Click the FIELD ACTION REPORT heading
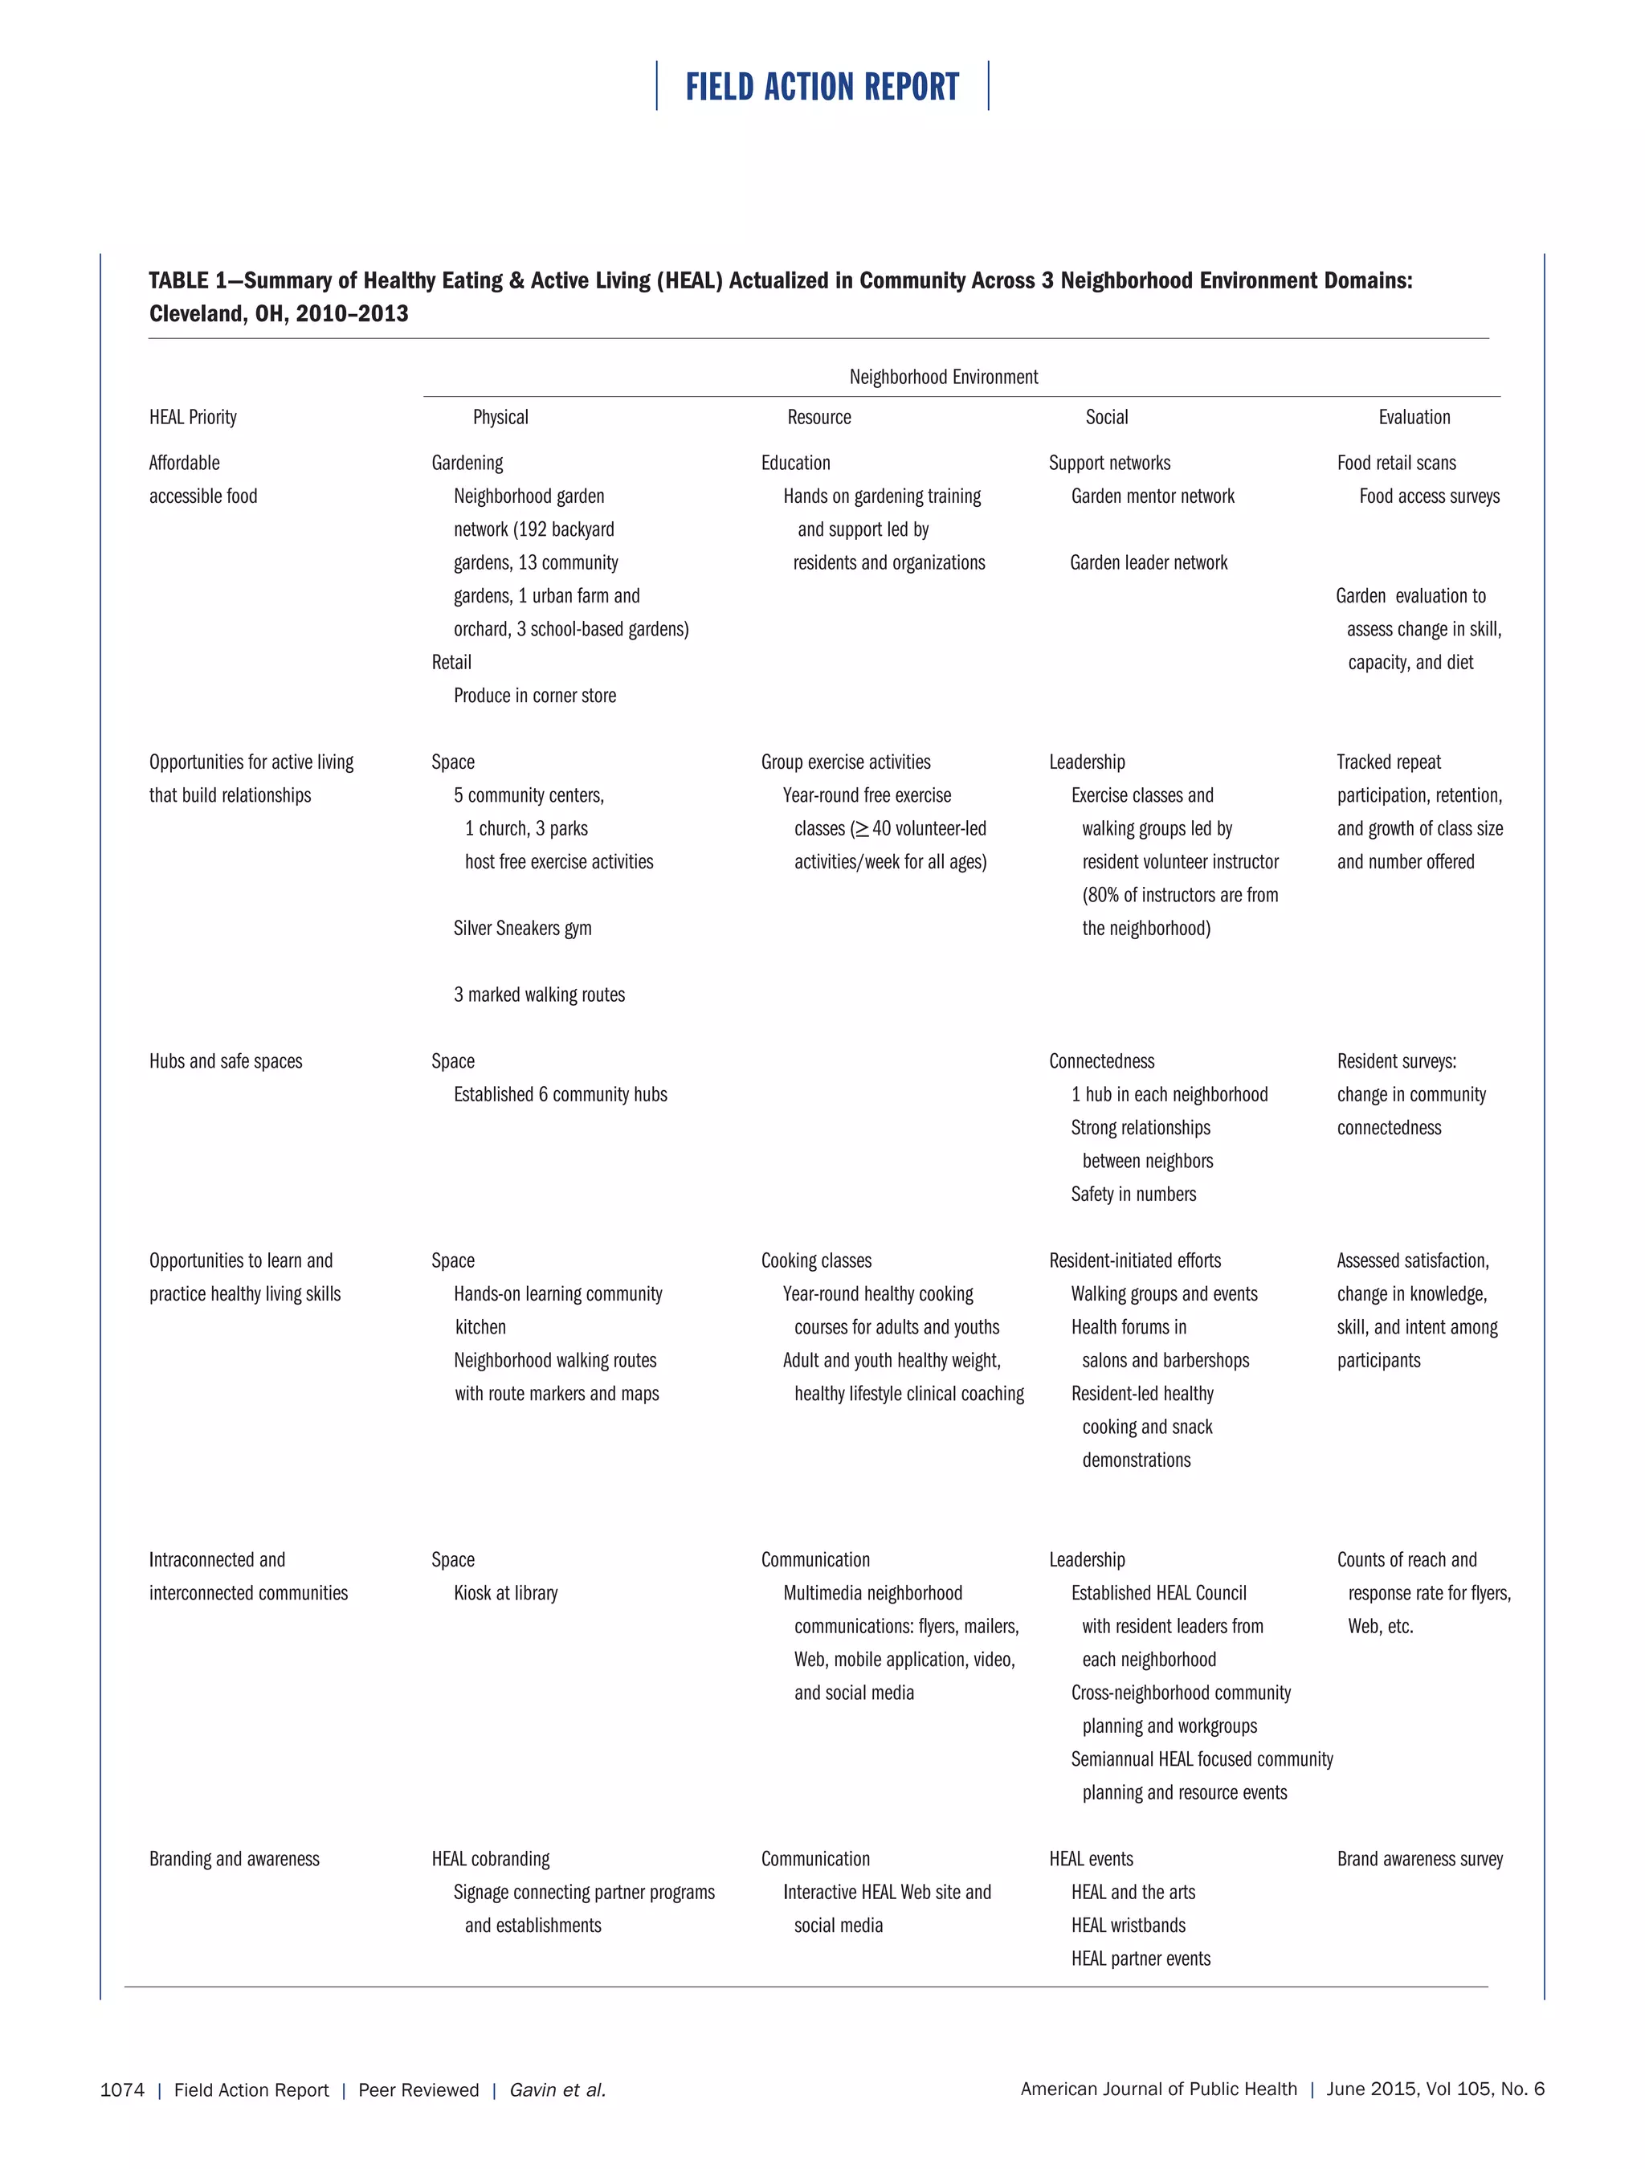pyautogui.click(x=822, y=88)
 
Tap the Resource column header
pyautogui.click(x=818, y=417)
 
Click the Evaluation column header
pyautogui.click(x=1414, y=417)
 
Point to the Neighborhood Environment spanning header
pyautogui.click(x=943, y=377)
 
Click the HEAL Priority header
pyautogui.click(x=193, y=417)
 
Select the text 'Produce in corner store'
pyautogui.click(x=534, y=695)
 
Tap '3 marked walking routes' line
pyautogui.click(x=538, y=995)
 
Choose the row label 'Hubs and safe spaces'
pyautogui.click(x=226, y=1061)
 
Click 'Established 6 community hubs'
pyautogui.click(x=560, y=1094)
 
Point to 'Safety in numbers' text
pyautogui.click(x=1133, y=1193)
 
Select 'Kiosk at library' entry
pyautogui.click(x=505, y=1592)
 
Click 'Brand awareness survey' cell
pyautogui.click(x=1419, y=1858)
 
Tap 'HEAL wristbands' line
pyautogui.click(x=1128, y=1925)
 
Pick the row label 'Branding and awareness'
pyautogui.click(x=235, y=1858)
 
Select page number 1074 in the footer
pyautogui.click(x=121, y=2089)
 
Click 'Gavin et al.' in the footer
pyautogui.click(x=557, y=2089)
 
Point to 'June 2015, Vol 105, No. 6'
pyautogui.click(x=1435, y=2089)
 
